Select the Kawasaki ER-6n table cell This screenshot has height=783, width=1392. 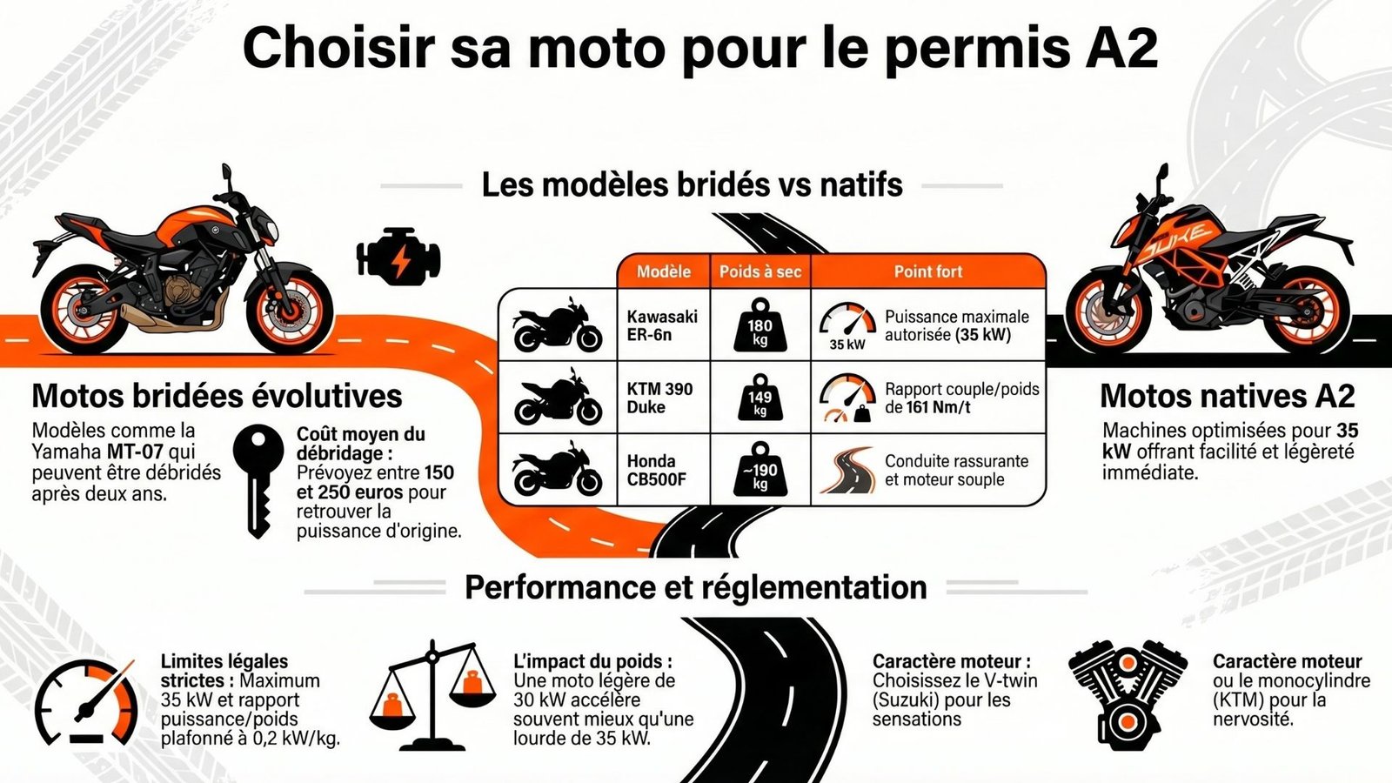662,325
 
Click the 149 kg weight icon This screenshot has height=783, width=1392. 760,398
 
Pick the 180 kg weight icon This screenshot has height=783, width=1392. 760,325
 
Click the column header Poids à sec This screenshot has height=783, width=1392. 760,271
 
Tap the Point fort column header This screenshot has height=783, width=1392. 927,271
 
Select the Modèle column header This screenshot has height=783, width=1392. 663,271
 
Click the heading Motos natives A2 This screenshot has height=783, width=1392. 1227,396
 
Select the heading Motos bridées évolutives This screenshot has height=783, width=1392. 217,396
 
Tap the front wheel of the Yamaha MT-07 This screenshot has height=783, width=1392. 290,310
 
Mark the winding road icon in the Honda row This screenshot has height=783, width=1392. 847,470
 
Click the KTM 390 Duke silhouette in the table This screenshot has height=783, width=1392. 558,398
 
